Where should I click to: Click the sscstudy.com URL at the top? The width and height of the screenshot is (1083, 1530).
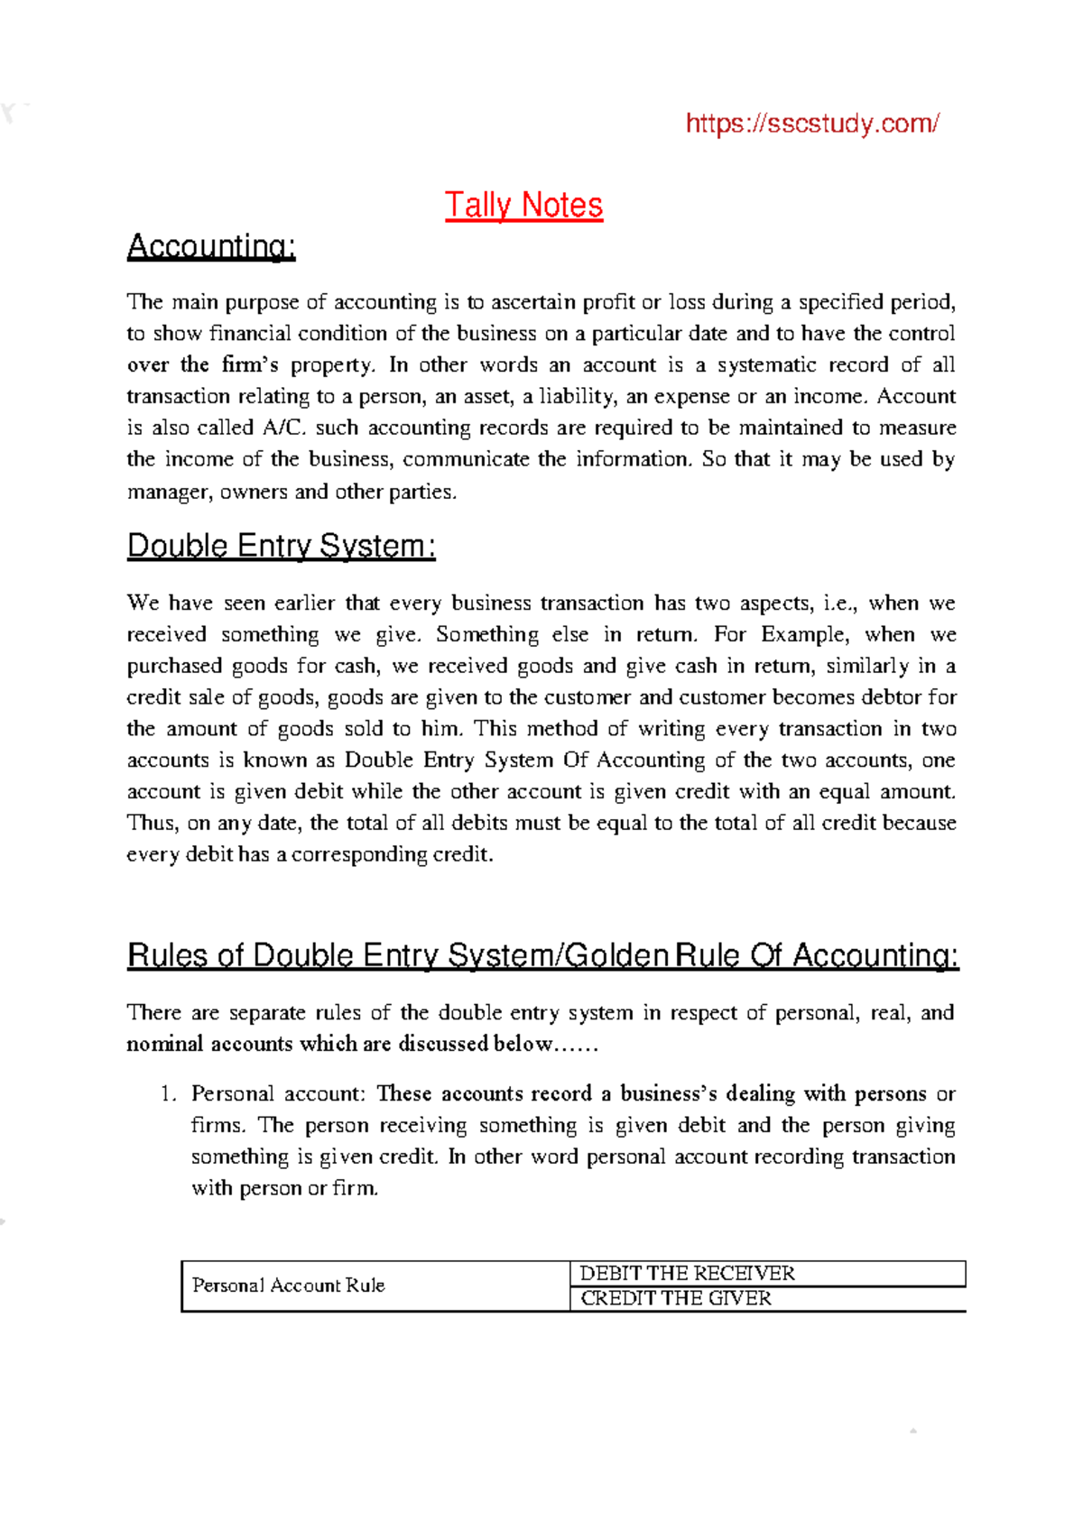click(812, 123)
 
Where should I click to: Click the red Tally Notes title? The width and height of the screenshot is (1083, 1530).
click(523, 206)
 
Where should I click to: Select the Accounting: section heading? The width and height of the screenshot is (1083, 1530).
click(211, 246)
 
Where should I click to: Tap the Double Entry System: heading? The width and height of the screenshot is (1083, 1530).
click(281, 547)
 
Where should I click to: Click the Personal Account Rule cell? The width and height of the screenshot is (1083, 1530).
click(288, 1286)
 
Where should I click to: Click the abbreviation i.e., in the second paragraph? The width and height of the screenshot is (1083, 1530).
click(841, 603)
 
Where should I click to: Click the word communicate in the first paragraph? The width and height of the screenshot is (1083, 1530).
click(466, 459)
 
